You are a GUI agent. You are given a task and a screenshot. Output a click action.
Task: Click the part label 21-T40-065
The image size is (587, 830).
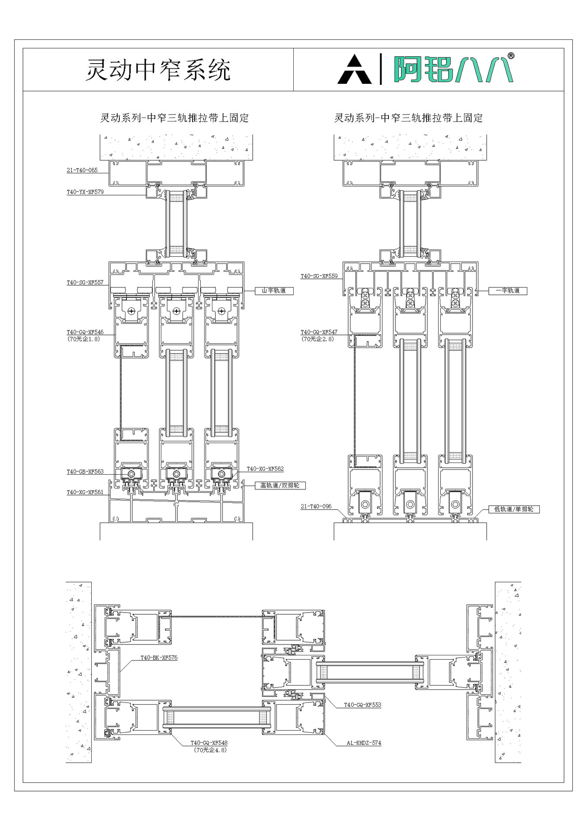pyautogui.click(x=82, y=170)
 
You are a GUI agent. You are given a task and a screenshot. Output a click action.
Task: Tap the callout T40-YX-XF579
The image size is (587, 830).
pyautogui.click(x=85, y=192)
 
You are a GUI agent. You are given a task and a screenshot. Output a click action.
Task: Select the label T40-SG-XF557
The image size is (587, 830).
pyautogui.click(x=85, y=283)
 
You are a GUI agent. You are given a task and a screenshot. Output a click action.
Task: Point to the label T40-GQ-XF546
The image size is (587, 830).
pyautogui.click(x=85, y=332)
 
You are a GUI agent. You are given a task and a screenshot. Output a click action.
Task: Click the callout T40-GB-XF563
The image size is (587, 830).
pyautogui.click(x=85, y=472)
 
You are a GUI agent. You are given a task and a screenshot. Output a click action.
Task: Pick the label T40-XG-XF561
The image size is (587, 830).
pyautogui.click(x=85, y=492)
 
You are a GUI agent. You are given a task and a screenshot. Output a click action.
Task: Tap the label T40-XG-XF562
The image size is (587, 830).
pyautogui.click(x=265, y=469)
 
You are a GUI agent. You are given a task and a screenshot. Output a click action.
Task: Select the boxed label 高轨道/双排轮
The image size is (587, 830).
pyautogui.click(x=280, y=485)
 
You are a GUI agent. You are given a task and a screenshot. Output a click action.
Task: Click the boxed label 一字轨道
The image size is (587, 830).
pyautogui.click(x=508, y=290)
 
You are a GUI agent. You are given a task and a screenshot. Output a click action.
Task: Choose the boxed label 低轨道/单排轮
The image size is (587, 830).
pyautogui.click(x=514, y=509)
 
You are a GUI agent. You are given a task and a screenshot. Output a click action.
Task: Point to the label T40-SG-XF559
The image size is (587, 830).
pyautogui.click(x=319, y=276)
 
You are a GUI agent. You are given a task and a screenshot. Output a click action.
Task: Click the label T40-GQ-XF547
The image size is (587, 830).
pyautogui.click(x=319, y=332)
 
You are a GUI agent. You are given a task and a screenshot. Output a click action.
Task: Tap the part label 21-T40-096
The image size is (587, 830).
pyautogui.click(x=316, y=506)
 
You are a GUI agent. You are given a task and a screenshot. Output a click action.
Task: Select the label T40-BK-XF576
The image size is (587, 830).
pyautogui.click(x=159, y=658)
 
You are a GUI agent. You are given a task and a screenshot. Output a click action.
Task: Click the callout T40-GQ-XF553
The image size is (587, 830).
pyautogui.click(x=362, y=705)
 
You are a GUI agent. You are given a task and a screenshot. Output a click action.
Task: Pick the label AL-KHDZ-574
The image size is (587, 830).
pyautogui.click(x=364, y=743)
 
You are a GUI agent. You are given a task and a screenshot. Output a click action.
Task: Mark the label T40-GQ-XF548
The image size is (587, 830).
pyautogui.click(x=209, y=743)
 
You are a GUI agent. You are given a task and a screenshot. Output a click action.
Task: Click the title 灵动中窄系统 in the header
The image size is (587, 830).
pyautogui.click(x=158, y=70)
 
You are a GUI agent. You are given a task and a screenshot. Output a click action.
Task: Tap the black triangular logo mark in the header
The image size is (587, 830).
pyautogui.click(x=354, y=70)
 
